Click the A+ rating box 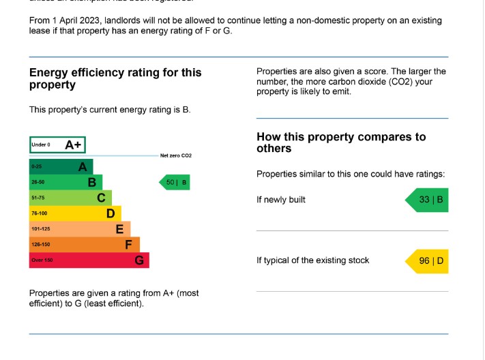pos(57,145)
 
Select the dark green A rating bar pos(61,167)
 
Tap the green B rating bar pos(65,183)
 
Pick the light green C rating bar pos(70,198)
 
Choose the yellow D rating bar pos(75,213)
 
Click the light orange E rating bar pos(79,229)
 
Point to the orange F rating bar pos(84,245)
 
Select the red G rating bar pos(89,260)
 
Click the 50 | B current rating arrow pos(175,183)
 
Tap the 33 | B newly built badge pos(428,200)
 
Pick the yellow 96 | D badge pos(428,261)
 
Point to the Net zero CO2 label pos(176,156)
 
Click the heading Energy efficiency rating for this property pos(115,78)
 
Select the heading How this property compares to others pos(341,142)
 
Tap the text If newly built pos(281,200)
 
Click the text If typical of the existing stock pos(312,260)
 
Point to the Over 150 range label pos(42,260)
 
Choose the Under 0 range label pos(41,145)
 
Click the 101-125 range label pos(40,229)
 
